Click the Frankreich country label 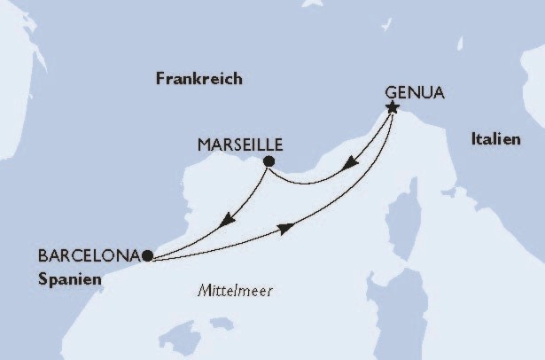coord(199,79)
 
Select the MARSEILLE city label coord(242,142)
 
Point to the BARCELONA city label coord(89,255)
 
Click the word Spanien coord(70,278)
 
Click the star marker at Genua coord(392,108)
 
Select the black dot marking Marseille coord(269,160)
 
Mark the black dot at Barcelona coord(146,255)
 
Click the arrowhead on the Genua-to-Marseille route coord(352,165)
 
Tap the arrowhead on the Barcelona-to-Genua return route coord(286,230)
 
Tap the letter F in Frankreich coord(160,79)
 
